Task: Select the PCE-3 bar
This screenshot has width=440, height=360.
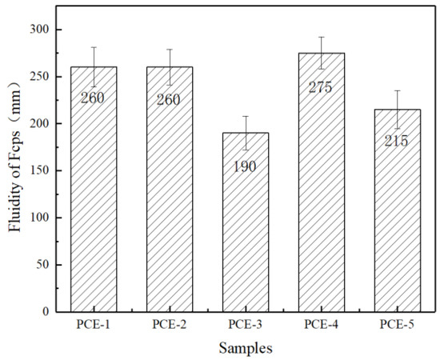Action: [x=245, y=232]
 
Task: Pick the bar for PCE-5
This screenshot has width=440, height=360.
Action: [x=396, y=224]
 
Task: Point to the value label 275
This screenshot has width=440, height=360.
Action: [x=321, y=85]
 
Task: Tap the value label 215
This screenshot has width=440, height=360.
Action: [x=396, y=141]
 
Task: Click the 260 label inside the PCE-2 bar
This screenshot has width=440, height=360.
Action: [x=169, y=100]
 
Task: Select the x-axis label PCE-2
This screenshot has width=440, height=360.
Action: [x=169, y=326]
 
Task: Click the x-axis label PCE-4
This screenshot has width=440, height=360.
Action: [x=321, y=326]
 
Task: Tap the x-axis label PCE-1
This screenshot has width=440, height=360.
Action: [x=94, y=326]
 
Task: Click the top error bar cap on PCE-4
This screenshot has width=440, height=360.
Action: [x=321, y=37]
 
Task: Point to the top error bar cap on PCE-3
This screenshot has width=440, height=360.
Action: [x=245, y=116]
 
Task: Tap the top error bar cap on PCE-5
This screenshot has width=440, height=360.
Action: [x=396, y=90]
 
